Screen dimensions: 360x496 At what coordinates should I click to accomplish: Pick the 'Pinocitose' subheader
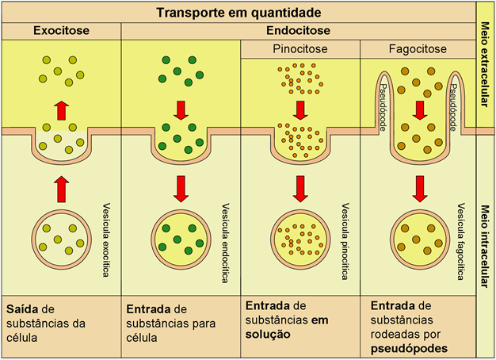pos(300,49)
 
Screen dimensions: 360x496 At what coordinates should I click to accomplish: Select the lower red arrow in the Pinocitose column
pos(300,188)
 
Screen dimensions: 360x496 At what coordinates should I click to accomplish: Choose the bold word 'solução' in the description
pos(268,335)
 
